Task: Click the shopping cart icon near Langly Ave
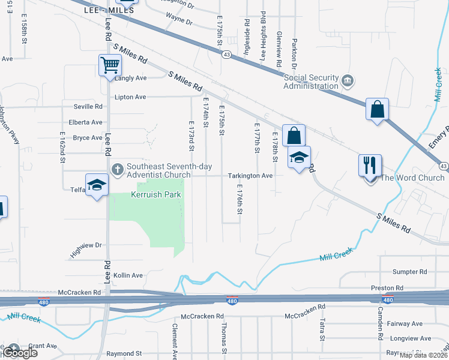(110, 65)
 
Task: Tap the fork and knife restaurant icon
(369, 164)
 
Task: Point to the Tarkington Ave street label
(250, 176)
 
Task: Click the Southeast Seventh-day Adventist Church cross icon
(118, 169)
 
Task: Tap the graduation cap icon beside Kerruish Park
(96, 185)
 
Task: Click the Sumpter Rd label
(411, 272)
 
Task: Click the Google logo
(19, 353)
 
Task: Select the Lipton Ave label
(131, 97)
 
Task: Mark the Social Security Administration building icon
(347, 80)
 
